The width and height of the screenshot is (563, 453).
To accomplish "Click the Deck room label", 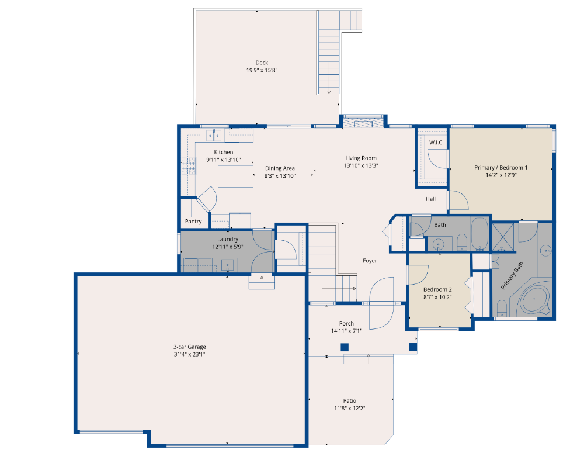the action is (x=262, y=63).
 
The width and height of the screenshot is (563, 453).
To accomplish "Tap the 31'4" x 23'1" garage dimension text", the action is (x=190, y=355).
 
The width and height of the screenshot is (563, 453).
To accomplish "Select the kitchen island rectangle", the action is (x=235, y=176).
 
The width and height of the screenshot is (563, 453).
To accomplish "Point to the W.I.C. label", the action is (x=436, y=143).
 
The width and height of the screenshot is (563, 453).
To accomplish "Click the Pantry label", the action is (x=193, y=222).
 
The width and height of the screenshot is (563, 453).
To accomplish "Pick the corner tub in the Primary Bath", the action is (x=534, y=299).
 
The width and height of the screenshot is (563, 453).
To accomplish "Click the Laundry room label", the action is (x=228, y=239).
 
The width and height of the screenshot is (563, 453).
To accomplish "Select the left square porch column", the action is (x=345, y=347).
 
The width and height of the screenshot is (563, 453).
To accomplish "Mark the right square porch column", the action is (x=413, y=347).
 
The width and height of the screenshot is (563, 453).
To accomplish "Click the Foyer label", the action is (x=370, y=261).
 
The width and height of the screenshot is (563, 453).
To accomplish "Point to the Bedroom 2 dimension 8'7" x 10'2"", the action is (x=437, y=297).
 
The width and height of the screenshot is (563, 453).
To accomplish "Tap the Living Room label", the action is (x=361, y=158).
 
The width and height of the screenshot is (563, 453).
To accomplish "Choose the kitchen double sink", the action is (x=214, y=136).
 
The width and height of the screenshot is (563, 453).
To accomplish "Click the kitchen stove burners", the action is (x=189, y=166).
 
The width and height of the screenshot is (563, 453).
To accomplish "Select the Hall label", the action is (x=430, y=199).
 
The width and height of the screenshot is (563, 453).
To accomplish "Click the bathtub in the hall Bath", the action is (x=479, y=233).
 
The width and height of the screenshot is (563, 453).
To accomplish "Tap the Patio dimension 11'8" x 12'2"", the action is (x=349, y=409).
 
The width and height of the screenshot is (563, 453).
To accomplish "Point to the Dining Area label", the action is (x=280, y=168).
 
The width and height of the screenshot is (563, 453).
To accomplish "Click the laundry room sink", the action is (x=227, y=266).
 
